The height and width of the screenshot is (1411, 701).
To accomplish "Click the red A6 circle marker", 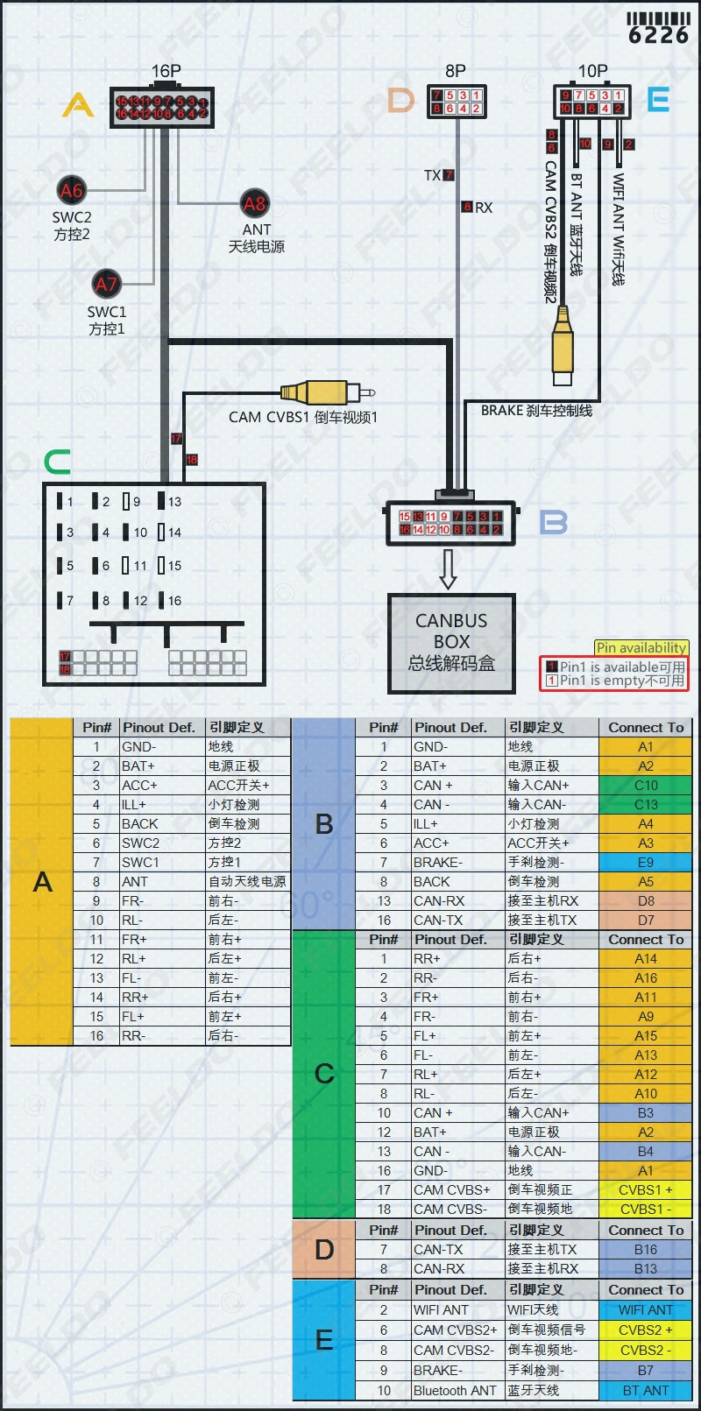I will [72, 190].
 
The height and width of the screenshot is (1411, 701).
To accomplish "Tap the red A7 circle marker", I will [106, 284].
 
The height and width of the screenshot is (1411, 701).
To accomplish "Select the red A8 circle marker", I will [254, 204].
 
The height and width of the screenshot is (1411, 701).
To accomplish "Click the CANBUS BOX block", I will [451, 643].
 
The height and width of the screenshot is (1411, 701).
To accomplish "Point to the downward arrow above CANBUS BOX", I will [449, 568].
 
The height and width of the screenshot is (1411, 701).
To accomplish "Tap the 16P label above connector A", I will [166, 71].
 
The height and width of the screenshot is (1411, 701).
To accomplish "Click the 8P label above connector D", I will [456, 71].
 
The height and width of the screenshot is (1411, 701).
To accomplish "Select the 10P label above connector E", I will [592, 71].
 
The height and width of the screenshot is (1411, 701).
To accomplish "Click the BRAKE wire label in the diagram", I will [536, 410].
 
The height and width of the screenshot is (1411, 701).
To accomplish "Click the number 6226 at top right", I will [659, 35].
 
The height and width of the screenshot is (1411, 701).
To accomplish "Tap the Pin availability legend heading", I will [641, 648].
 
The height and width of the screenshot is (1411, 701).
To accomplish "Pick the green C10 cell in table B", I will [645, 786].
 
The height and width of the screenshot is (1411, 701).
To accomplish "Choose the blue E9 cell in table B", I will [645, 863].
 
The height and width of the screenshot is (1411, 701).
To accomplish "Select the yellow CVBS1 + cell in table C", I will [645, 1190].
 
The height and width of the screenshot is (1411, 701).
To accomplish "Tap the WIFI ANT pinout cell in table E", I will [457, 1310].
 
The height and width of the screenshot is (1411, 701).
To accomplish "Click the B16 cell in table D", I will [645, 1250].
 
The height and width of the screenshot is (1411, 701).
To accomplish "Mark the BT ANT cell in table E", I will [645, 1391].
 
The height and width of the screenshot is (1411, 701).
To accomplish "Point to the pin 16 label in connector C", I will [174, 601].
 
